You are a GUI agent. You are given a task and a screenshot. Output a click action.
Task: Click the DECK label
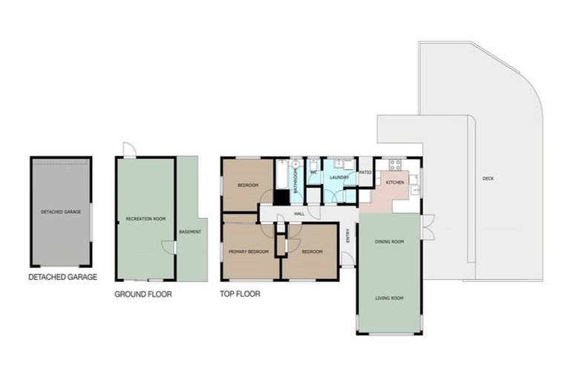click(x=487, y=178)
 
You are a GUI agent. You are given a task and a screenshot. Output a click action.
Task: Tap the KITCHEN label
click(x=394, y=182)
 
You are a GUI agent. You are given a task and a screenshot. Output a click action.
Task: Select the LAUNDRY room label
click(x=339, y=177)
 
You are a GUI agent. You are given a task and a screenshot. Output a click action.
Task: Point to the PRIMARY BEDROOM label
click(x=248, y=252)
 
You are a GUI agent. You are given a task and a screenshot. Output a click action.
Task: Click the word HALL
click(x=300, y=214)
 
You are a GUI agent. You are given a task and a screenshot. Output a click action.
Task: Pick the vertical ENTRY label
click(x=348, y=235)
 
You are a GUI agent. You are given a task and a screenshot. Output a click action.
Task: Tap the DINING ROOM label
click(x=389, y=241)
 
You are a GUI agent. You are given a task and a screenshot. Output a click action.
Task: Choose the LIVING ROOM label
click(x=389, y=298)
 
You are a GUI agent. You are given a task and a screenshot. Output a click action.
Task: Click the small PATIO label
click(x=365, y=173)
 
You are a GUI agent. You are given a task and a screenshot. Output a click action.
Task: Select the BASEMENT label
click(x=190, y=232)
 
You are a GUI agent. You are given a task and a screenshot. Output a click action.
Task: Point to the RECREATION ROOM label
click(x=145, y=219)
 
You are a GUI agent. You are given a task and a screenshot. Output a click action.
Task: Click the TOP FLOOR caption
click(x=240, y=294)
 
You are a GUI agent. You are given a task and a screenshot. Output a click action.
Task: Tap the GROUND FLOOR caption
click(x=143, y=294)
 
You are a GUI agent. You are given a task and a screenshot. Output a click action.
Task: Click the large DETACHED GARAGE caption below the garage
click(x=62, y=277)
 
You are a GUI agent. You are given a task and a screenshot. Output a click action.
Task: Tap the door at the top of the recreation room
click(x=129, y=150)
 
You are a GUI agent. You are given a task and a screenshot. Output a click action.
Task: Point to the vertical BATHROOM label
click(x=295, y=181)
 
